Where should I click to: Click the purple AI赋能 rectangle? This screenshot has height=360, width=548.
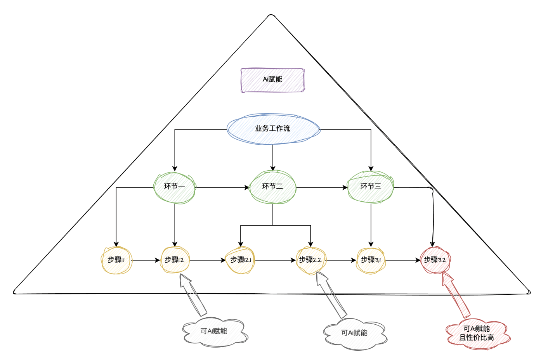272,80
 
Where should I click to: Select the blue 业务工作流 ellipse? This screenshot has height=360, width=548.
273,129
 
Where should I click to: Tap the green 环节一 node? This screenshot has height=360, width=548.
175,187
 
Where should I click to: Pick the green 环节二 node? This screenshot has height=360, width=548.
273,187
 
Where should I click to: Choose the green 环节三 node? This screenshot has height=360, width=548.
371,187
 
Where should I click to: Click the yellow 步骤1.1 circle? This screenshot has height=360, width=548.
116,260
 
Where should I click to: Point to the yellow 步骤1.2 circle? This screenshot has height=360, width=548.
175,260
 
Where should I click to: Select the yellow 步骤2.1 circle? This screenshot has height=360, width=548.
241,260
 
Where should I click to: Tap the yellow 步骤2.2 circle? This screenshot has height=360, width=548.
310,260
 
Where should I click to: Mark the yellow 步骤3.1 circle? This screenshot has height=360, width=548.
371,260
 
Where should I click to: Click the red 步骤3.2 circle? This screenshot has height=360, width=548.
435,260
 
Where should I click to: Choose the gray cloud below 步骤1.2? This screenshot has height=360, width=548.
214,332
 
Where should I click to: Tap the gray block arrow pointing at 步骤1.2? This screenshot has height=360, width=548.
193,295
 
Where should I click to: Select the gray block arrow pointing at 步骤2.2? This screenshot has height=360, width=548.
331,295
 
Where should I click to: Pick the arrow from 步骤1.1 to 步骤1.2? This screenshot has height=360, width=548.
146,260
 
